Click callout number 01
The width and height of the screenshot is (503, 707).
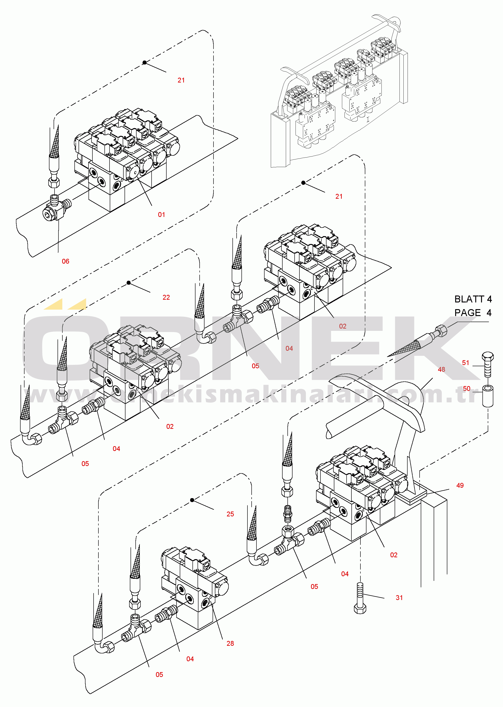point(161,215)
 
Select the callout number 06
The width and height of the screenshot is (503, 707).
point(65,261)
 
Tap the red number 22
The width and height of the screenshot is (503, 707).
point(166,297)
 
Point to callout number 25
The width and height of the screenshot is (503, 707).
point(230,514)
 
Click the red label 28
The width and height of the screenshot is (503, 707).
point(230,643)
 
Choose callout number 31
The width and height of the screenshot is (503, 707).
point(399,598)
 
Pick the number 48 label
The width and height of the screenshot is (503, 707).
point(441,369)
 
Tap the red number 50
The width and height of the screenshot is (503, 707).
point(466,389)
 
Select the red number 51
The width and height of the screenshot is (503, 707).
point(466,363)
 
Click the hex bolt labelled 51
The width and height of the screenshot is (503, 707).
point(488,365)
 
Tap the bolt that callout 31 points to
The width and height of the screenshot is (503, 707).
point(360,598)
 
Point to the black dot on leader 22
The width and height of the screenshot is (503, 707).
point(128,283)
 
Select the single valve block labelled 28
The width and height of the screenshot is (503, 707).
point(195,587)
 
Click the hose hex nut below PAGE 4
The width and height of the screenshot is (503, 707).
point(441,331)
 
